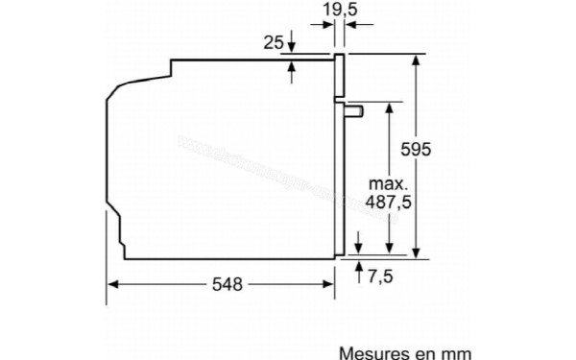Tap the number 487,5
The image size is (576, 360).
pos(390,203)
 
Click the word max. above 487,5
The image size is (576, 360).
pos(388,183)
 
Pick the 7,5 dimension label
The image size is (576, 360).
pos(380,276)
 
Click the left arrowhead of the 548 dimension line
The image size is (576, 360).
pos(111,284)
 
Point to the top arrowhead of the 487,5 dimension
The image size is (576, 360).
pos(387,108)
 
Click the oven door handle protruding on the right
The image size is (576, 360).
pos(353,110)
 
